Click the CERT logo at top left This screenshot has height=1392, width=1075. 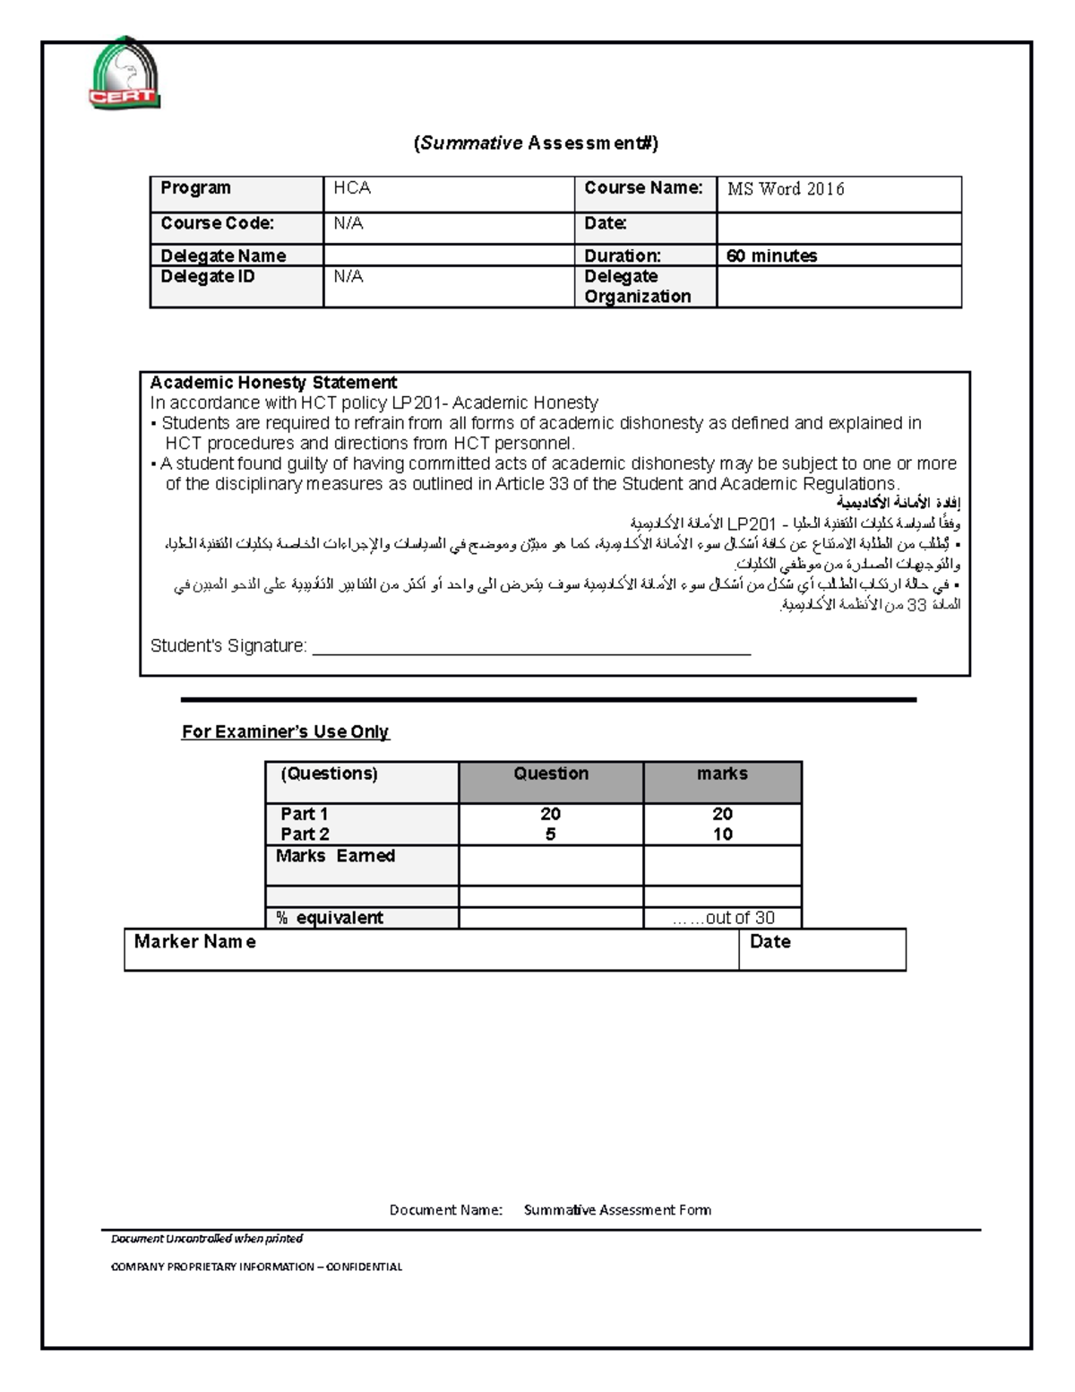coord(125,74)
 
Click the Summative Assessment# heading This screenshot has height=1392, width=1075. coord(536,143)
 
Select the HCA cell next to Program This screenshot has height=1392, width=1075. coord(352,188)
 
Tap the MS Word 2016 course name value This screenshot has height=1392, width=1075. coord(786,189)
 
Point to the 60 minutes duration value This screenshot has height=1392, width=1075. coord(771,256)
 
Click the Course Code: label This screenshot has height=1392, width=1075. coord(217,223)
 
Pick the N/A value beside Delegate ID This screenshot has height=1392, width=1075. coord(348,277)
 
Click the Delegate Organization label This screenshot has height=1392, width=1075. coord(637,287)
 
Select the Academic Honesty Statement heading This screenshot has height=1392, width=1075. coord(273,383)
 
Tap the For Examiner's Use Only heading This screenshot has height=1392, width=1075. coord(285,732)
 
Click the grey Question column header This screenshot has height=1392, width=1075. coord(551,774)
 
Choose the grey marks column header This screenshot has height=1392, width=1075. coord(722,774)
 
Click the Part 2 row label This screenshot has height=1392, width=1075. coord(305,834)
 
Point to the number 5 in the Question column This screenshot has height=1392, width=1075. coord(550,834)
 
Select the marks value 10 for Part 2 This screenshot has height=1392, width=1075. coord(722,834)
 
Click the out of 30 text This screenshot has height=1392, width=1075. coord(738,918)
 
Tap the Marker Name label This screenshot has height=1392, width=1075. coord(194,942)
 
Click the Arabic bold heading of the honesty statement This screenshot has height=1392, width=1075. coord(899,504)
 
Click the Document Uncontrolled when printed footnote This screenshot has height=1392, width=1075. coord(207,1239)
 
